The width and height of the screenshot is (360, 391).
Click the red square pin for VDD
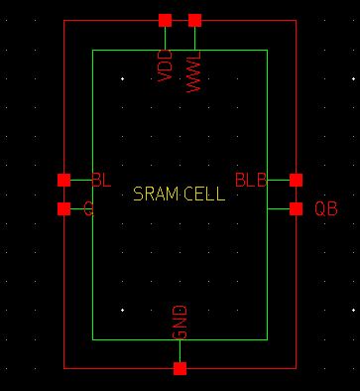tap(165, 20)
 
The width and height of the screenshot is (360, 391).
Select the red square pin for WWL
tap(194, 20)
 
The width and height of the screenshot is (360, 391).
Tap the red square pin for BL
tap(64, 180)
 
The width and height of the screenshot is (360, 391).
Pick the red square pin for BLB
tap(296, 180)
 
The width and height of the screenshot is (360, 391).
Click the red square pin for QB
tap(296, 208)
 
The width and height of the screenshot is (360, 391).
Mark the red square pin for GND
tap(180, 368)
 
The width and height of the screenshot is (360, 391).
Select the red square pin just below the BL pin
tap(64, 208)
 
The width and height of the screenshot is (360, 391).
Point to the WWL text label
tap(194, 70)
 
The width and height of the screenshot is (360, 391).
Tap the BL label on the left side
tap(101, 180)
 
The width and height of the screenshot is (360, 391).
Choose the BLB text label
tap(251, 180)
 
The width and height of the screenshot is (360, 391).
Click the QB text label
tap(326, 208)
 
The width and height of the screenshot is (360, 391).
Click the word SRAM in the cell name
tap(154, 195)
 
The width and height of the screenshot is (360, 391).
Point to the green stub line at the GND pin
tap(180, 351)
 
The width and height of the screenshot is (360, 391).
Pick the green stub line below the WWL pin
tap(194, 37)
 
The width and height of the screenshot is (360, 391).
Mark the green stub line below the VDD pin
tap(165, 37)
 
